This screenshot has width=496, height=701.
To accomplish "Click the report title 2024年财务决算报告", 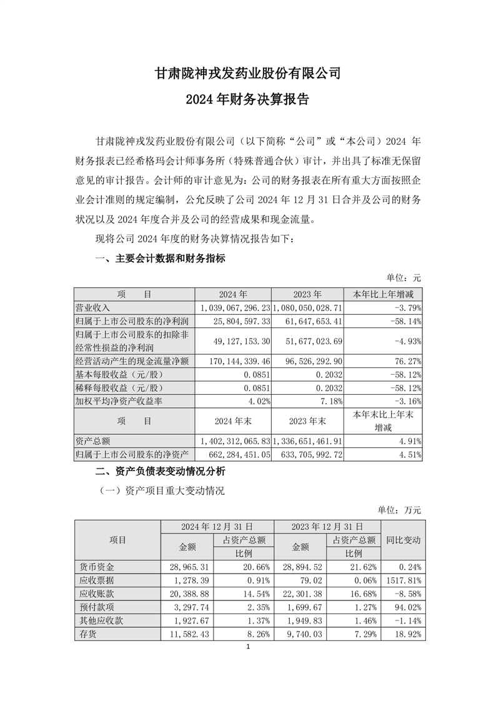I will point(248,99).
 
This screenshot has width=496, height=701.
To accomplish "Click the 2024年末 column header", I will point(233,420).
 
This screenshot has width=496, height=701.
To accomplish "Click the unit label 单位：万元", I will point(400,510).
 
